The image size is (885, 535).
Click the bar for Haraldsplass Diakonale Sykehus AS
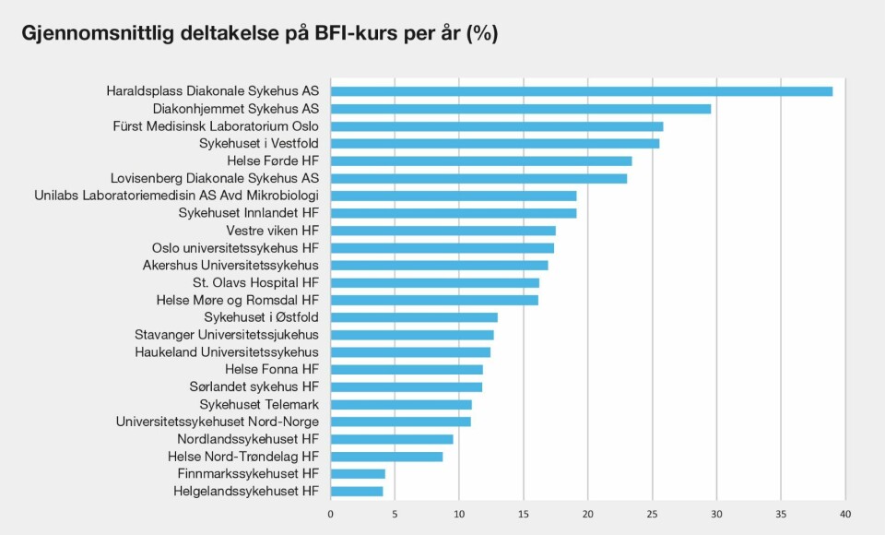point(582,91)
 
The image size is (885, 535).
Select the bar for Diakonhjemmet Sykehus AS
point(521,109)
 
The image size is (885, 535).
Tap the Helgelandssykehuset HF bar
point(357,492)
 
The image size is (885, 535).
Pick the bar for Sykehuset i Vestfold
point(495,144)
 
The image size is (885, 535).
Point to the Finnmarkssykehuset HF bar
point(358,474)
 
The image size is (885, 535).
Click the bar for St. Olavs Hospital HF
point(435,282)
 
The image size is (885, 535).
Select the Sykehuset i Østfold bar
point(414,317)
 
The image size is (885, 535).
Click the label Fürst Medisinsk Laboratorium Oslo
point(216,126)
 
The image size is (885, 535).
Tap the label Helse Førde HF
point(273,160)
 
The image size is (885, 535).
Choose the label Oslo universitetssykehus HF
point(236,248)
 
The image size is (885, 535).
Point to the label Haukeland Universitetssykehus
point(227,352)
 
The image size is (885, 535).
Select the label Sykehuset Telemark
point(259,405)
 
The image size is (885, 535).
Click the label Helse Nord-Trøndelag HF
point(243,457)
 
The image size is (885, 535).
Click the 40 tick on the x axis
point(844,514)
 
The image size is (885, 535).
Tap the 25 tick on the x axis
point(652,514)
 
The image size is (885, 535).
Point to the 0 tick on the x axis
point(331,514)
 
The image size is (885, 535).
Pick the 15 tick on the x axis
point(523,514)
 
